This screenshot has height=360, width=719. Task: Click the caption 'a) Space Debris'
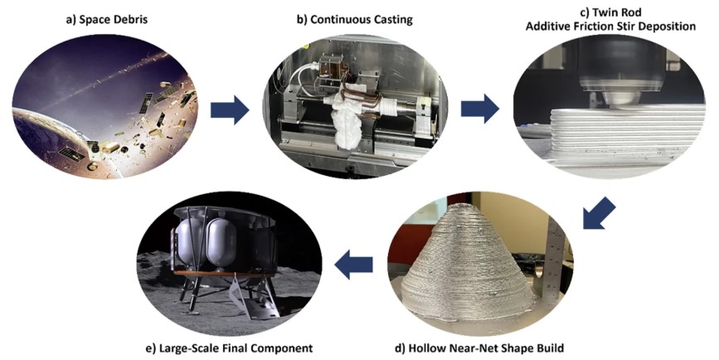106,20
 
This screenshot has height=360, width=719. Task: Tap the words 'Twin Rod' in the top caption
618,12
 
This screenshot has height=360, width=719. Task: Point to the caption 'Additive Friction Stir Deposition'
610,27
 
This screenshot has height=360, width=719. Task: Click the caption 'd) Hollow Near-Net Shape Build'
479,348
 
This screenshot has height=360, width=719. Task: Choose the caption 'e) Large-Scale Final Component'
228,348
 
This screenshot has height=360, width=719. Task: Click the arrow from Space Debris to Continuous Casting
230,110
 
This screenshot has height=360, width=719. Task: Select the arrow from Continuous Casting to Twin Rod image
480,109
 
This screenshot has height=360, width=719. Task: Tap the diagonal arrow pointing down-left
599,213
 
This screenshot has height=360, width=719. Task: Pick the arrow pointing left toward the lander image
353,265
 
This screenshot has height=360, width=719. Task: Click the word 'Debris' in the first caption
129,20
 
